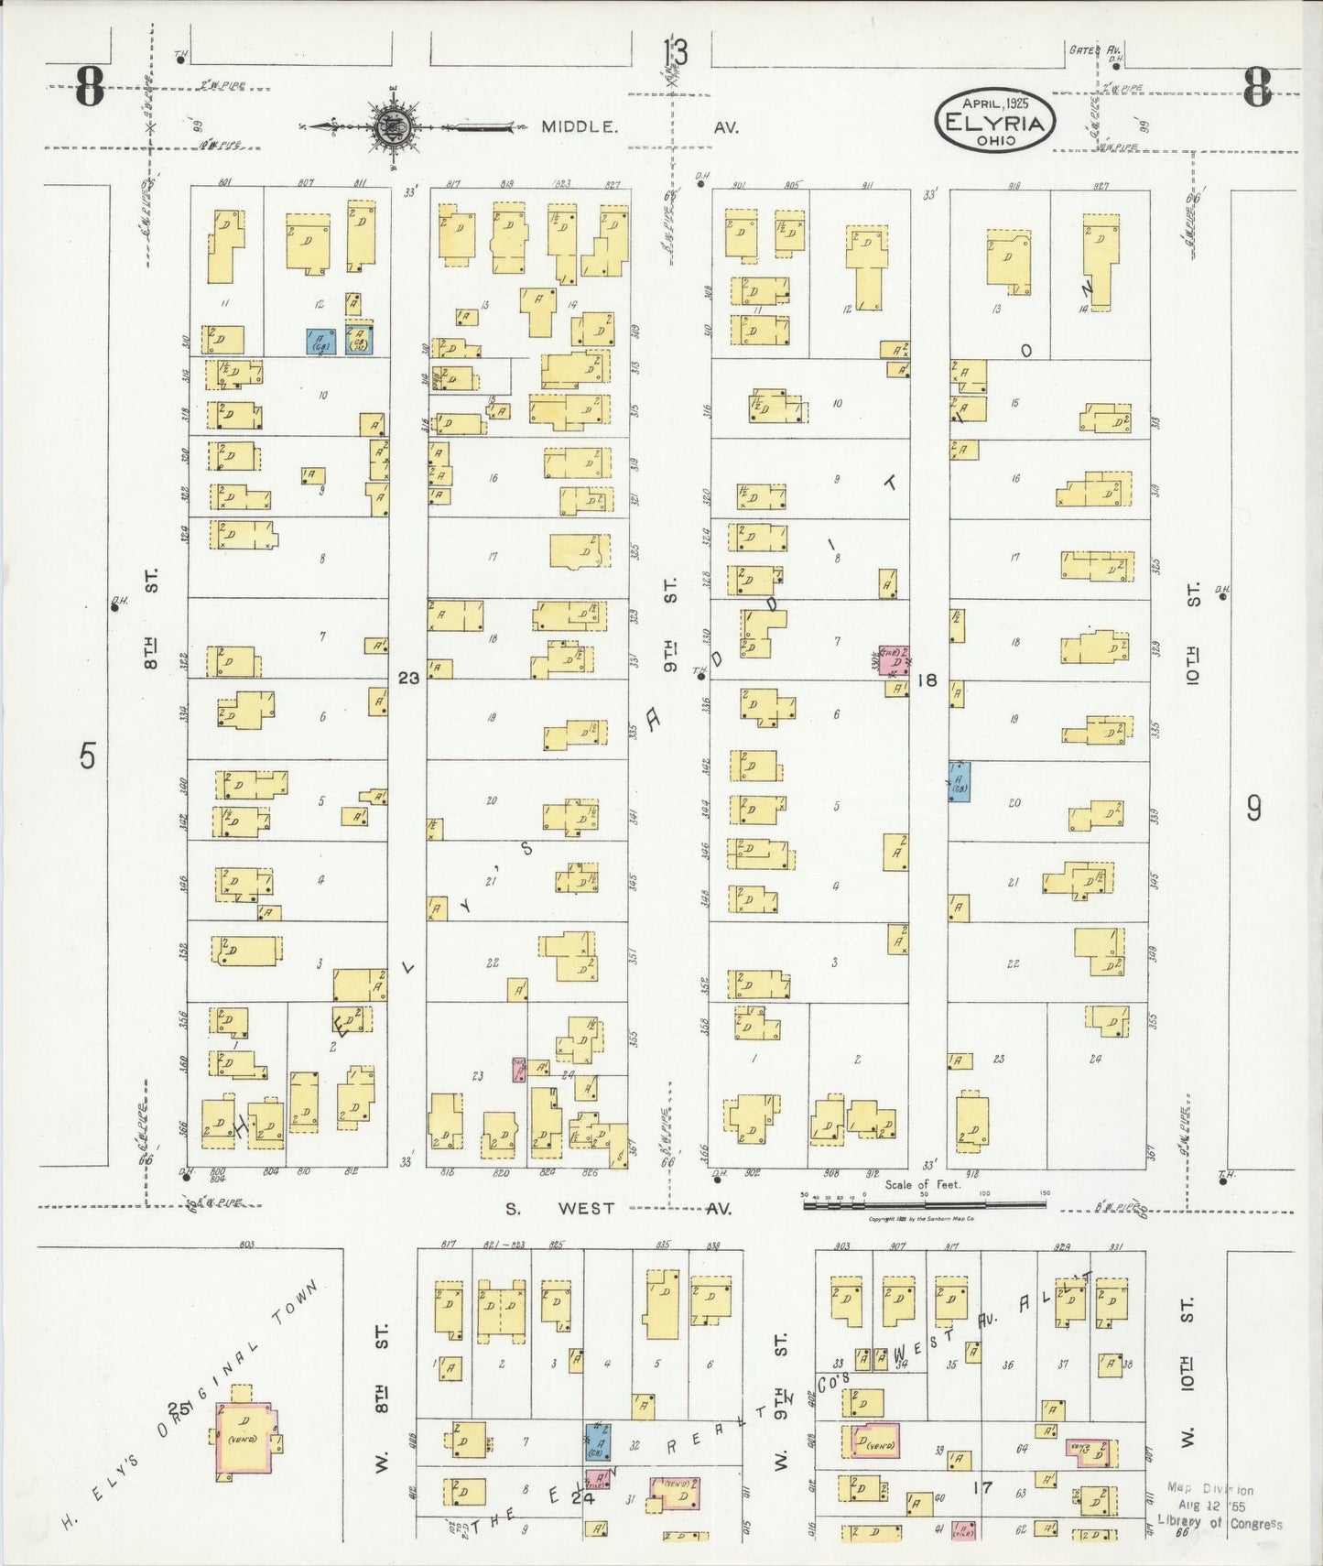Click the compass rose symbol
click(x=395, y=126)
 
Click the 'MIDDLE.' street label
click(x=579, y=127)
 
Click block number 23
click(x=408, y=678)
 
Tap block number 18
click(x=927, y=680)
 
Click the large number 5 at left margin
click(x=87, y=756)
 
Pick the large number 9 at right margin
click(x=1253, y=808)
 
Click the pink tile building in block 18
click(x=894, y=659)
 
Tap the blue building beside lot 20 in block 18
click(x=959, y=781)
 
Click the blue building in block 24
click(x=600, y=1441)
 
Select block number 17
click(x=982, y=1488)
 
